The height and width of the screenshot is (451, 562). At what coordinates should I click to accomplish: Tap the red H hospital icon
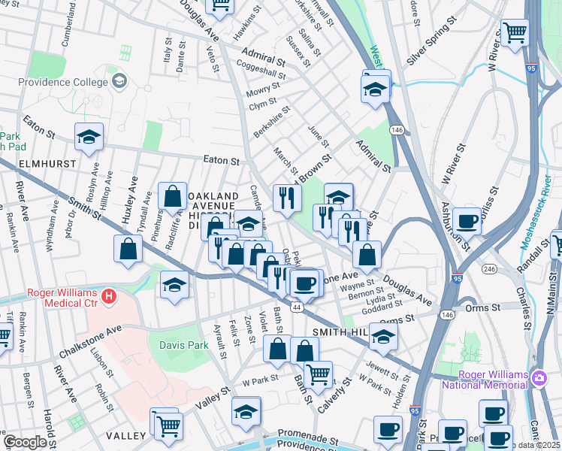click(110, 297)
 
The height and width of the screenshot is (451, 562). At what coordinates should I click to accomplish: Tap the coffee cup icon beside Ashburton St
click(467, 221)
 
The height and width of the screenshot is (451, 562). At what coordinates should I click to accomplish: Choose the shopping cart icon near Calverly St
click(319, 374)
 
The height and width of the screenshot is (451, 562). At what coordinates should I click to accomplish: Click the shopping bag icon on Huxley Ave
click(128, 249)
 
